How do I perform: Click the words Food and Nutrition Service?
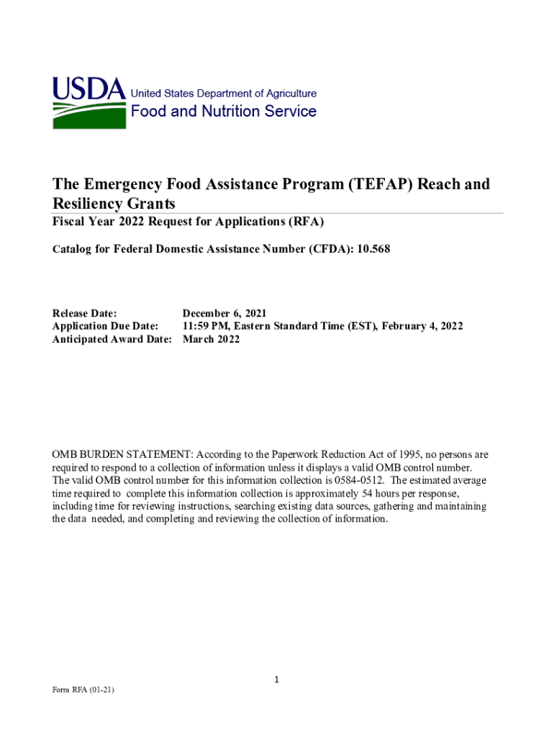click(x=223, y=112)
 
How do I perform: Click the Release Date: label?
click(x=85, y=313)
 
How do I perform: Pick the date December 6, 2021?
click(x=224, y=313)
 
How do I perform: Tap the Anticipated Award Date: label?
click(x=112, y=339)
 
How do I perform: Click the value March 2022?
click(x=211, y=339)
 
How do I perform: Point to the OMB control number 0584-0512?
click(x=363, y=480)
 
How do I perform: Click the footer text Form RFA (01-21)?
click(x=83, y=690)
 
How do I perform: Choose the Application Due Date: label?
click(x=106, y=326)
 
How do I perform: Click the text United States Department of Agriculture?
click(x=223, y=94)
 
